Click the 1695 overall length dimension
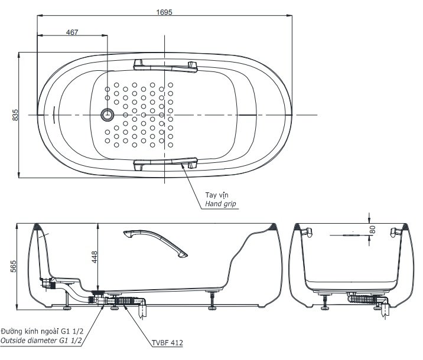click(165, 11)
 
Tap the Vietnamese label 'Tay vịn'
click(216, 194)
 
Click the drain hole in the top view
click(108, 114)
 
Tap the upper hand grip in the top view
click(165, 64)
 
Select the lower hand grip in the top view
click(165, 163)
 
